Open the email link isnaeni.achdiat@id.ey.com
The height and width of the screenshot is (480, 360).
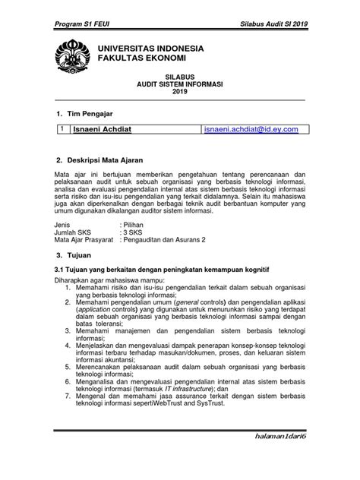click(x=251, y=130)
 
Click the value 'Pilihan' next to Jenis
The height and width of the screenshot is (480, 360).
click(x=135, y=226)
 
